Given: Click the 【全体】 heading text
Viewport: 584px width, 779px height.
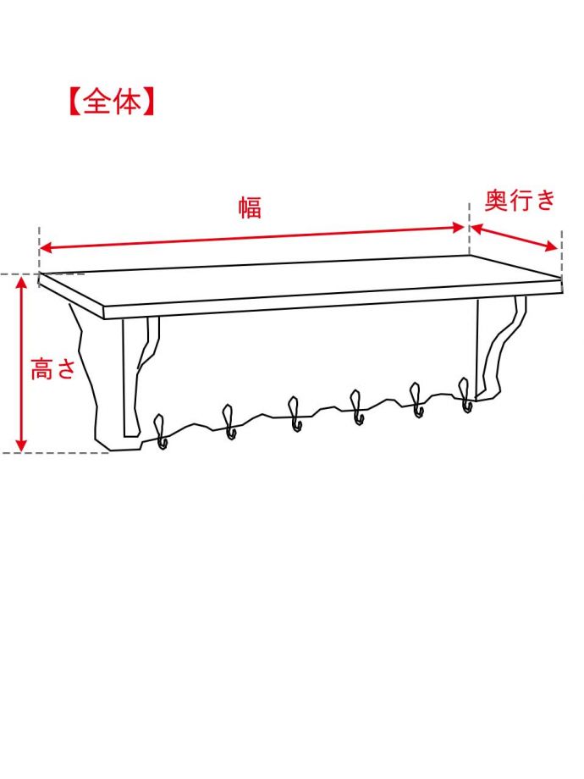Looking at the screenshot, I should pos(110,102).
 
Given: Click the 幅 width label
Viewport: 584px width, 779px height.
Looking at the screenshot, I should pos(250,207).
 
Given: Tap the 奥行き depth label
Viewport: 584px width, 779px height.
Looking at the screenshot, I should pos(520,201).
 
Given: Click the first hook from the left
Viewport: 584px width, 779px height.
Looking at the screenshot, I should pos(160,431).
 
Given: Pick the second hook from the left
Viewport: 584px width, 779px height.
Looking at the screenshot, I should pos(229,422).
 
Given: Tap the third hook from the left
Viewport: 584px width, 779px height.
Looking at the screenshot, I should pos(295,413).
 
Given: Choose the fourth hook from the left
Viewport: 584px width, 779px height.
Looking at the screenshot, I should pos(356,406).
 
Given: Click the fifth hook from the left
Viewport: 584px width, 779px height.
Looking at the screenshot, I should pos(416,400).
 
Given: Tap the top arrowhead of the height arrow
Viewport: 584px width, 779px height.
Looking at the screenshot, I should pos(23,283).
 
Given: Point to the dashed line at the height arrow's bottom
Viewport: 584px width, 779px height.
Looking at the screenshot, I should pos(59,453).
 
